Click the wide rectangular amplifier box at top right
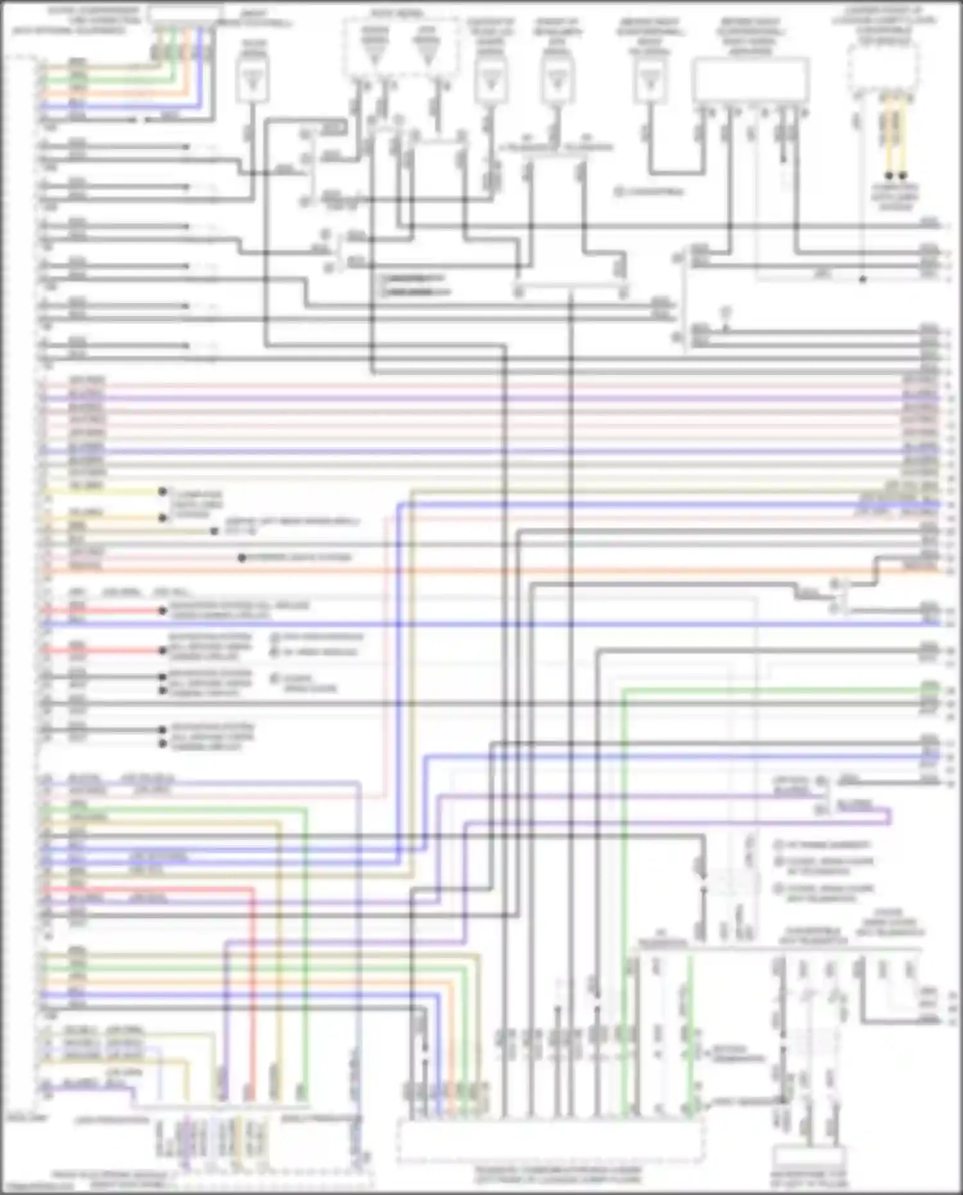(x=750, y=80)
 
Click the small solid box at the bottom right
(x=809, y=1156)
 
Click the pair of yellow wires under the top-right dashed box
(x=896, y=135)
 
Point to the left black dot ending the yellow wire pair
(x=889, y=175)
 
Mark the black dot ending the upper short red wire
(x=163, y=611)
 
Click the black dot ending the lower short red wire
(x=163, y=650)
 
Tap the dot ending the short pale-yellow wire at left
(x=162, y=492)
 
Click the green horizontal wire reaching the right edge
(x=770, y=690)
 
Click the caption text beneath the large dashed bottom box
(x=557, y=1174)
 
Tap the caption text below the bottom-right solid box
(x=809, y=1181)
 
